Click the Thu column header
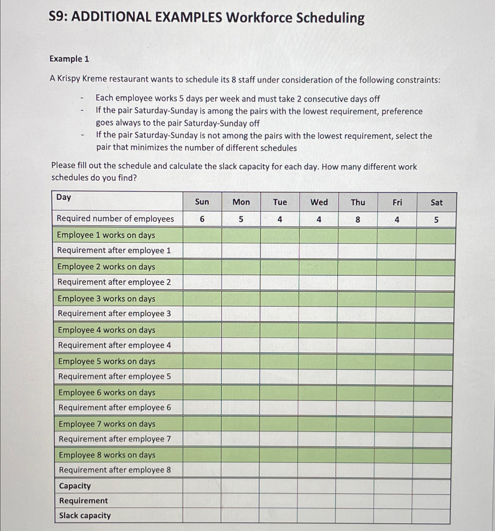tap(358, 202)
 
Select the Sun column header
tap(202, 202)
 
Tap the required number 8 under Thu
tap(358, 220)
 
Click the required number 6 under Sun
tap(202, 219)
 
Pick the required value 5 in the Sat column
tap(436, 220)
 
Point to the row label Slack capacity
tap(85, 515)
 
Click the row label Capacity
tap(75, 486)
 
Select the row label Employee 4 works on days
tap(106, 330)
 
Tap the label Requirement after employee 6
tap(114, 407)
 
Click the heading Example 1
tap(69, 59)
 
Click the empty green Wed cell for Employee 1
tap(319, 235)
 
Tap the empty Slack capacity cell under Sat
tap(431, 516)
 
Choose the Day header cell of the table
tap(64, 197)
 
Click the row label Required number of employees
tap(115, 219)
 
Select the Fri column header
tap(397, 203)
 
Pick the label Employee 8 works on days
tap(107, 455)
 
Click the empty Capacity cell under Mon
tap(240, 486)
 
